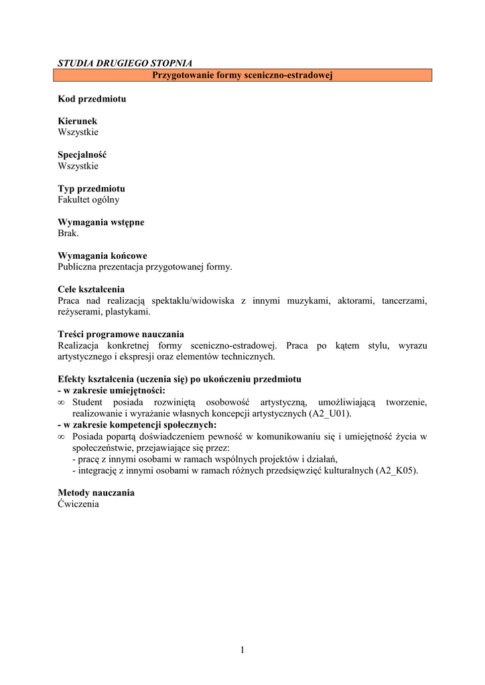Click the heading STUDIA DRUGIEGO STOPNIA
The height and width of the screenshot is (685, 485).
[125, 64]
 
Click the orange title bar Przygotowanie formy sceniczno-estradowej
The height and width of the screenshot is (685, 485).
[242, 76]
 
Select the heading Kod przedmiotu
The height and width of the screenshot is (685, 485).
[92, 99]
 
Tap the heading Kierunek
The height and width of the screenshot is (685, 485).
[78, 121]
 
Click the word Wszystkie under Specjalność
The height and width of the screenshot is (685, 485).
[78, 166]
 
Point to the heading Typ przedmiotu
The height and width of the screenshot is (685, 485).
[91, 189]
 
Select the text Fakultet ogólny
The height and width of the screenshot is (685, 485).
[89, 199]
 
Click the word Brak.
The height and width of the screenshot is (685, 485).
[68, 233]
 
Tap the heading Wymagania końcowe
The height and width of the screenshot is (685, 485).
[102, 256]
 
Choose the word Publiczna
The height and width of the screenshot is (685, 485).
[78, 267]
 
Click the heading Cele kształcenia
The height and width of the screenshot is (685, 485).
[91, 290]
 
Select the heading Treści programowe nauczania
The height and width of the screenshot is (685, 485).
[121, 334]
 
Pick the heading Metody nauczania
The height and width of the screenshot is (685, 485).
[96, 493]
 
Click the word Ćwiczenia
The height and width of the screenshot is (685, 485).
[78, 504]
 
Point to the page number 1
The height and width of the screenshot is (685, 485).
[242, 650]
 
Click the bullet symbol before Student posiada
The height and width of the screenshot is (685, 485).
[62, 403]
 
